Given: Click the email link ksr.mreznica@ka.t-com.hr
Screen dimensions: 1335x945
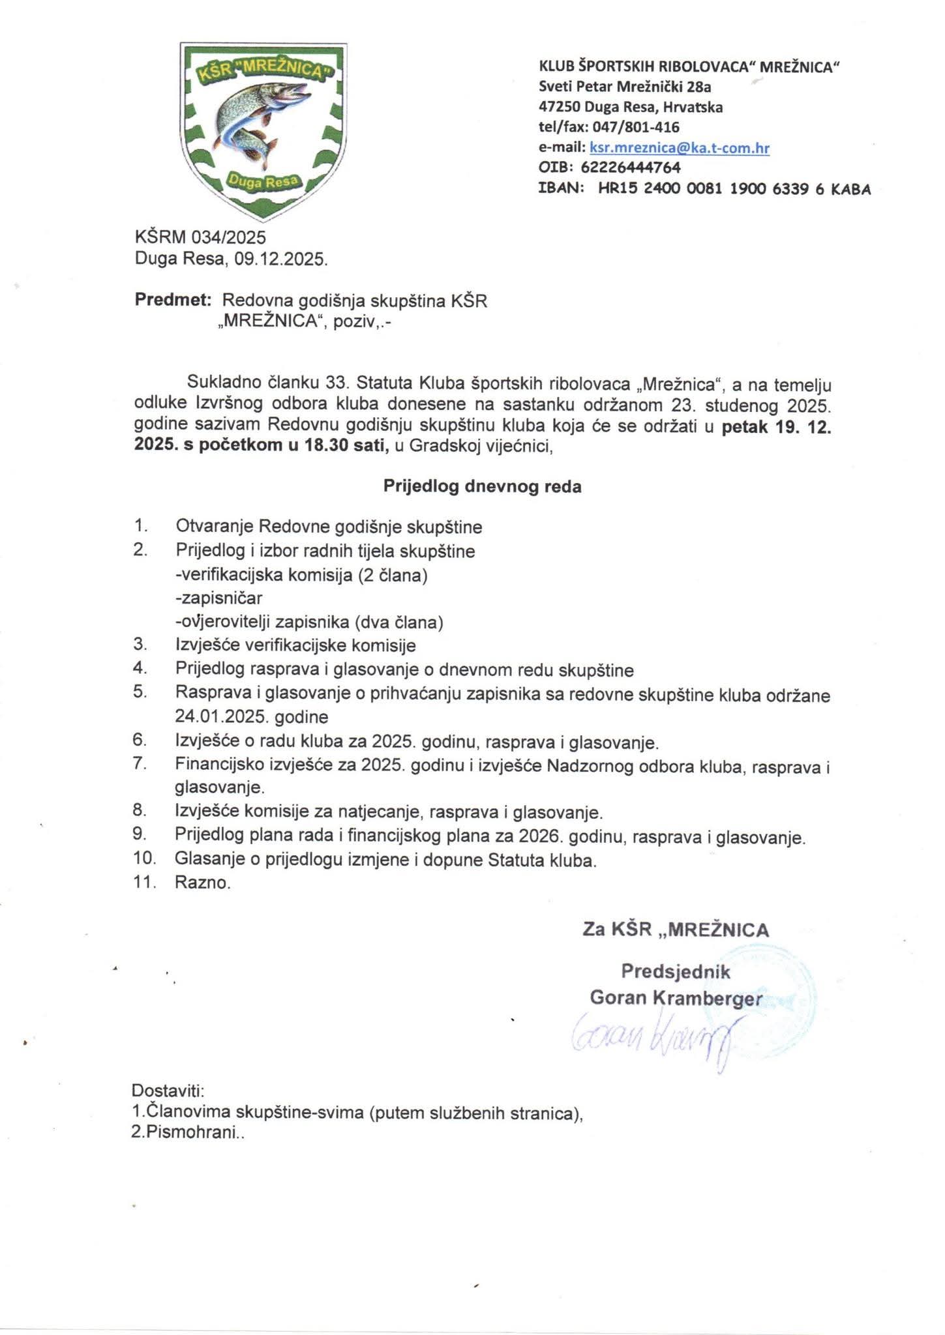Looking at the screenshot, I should coord(679,148).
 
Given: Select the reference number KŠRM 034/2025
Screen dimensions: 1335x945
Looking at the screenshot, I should coord(200,237).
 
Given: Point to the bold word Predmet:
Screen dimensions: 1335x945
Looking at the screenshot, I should coord(173,300).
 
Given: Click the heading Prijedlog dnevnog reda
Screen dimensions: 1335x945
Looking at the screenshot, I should coord(481,486).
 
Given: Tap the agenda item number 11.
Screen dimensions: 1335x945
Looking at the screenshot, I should coord(144,883).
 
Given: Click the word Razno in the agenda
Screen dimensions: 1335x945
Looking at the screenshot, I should coord(202,883).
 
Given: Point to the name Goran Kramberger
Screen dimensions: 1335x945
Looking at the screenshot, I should coord(676,998).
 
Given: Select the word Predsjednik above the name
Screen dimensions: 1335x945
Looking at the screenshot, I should coord(676,972).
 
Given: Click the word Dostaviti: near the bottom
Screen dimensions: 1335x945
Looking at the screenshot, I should coord(168,1090).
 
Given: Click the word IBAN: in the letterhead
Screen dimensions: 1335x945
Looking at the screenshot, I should coord(560,189).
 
